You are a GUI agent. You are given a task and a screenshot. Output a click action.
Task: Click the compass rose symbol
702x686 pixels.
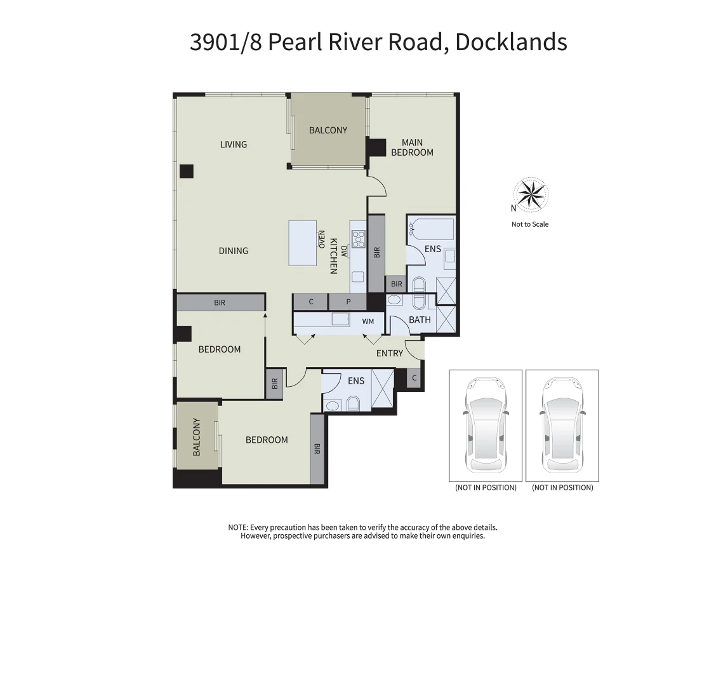pos(531,194)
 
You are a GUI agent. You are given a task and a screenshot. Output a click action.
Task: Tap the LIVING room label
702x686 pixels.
pos(234,144)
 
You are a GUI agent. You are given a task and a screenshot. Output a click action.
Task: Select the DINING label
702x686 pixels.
pos(234,251)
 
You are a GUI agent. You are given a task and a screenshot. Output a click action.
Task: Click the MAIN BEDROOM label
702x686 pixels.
pos(412,147)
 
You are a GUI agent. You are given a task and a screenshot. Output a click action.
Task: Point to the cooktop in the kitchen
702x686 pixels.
pos(359,239)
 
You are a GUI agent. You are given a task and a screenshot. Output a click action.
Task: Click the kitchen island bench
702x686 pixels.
pos(303,243)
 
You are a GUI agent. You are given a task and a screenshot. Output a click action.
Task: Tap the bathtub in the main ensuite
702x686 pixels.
pos(432,227)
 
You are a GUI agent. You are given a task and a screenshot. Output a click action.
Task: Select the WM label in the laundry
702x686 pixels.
pos(368,322)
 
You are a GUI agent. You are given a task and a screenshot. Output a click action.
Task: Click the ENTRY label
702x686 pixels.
pos(390,353)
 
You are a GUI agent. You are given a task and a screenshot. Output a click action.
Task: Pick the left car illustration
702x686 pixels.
pos(486,425)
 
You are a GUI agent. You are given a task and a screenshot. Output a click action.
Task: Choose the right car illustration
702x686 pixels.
pos(562,425)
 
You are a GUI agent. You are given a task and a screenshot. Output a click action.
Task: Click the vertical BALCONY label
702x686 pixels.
pos(197,437)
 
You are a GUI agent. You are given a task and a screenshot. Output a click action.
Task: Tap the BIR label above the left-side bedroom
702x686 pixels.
pos(220,303)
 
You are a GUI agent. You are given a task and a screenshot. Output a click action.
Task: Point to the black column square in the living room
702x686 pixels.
pos(186,171)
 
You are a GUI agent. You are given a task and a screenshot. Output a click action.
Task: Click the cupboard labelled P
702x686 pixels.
pos(348,302)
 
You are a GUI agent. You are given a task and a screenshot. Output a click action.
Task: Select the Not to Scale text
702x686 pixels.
pos(530,224)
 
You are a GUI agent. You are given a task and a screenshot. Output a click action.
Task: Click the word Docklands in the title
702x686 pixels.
pos(511,42)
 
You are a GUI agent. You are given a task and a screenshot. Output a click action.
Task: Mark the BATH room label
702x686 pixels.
pos(420,319)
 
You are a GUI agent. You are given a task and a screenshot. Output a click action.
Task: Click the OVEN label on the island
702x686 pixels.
pos(322,239)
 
